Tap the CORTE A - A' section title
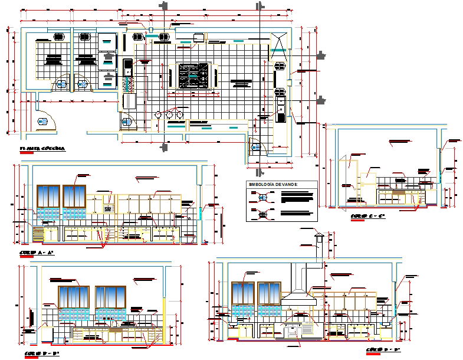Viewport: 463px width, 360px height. [x=37, y=253]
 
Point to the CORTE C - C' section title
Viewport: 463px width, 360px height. [x=367, y=217]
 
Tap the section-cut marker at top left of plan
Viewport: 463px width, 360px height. [x=164, y=6]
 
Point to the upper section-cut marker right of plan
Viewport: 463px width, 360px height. [x=321, y=56]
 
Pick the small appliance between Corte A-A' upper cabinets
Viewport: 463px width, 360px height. [x=108, y=209]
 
